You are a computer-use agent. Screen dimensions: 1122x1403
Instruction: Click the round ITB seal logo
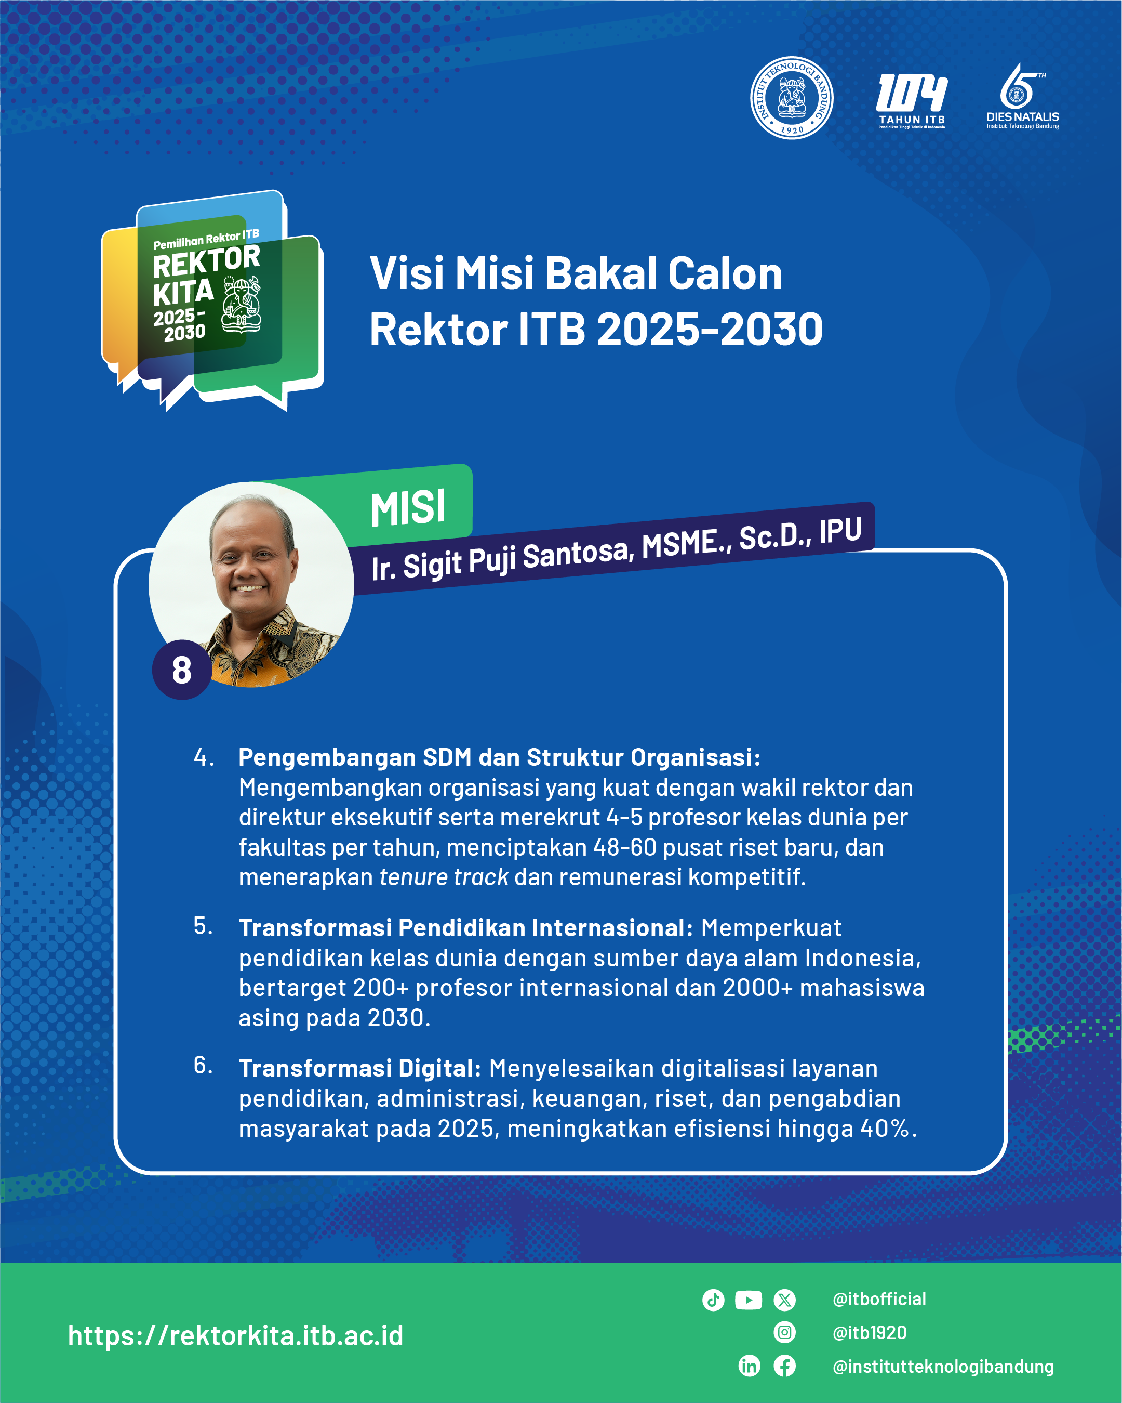[x=792, y=98]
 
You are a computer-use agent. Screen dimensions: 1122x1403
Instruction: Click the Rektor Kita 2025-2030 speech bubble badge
[x=212, y=300]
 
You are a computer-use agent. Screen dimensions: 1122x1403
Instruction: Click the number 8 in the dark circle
[x=181, y=670]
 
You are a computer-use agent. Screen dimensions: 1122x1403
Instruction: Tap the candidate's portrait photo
[x=251, y=584]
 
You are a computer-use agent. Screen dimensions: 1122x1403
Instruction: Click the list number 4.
[x=204, y=757]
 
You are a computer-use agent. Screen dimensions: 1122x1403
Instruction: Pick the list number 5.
[x=203, y=926]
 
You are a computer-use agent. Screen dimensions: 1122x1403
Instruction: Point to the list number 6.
[x=203, y=1065]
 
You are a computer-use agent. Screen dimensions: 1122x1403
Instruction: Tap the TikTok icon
[x=713, y=1300]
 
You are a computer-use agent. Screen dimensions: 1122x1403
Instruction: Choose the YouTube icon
[x=749, y=1300]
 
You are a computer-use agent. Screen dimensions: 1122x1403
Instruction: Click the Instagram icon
[x=784, y=1333]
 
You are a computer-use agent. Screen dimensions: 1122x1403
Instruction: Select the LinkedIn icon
[x=750, y=1366]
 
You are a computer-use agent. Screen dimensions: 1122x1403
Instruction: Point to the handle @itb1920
[x=870, y=1333]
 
